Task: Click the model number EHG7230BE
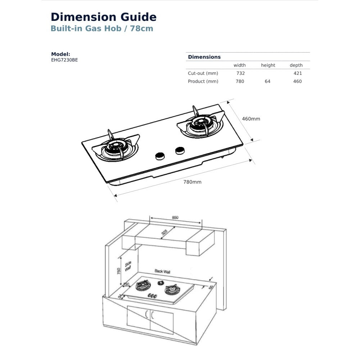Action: click(64, 60)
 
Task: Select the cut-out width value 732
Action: click(240, 73)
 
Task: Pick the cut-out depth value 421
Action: click(298, 73)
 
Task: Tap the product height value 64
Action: click(267, 81)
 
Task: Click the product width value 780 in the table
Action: click(240, 81)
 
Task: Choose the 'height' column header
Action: click(268, 65)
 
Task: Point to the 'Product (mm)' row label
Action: click(203, 81)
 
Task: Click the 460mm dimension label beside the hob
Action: click(251, 119)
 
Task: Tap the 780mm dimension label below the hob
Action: click(193, 182)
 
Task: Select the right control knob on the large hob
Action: click(179, 150)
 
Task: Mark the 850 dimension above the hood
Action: click(175, 217)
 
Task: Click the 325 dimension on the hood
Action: click(164, 233)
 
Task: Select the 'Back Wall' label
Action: click(162, 271)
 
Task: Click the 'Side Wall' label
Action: click(128, 266)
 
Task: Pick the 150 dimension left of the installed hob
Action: click(126, 284)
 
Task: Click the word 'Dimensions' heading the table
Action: click(204, 57)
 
